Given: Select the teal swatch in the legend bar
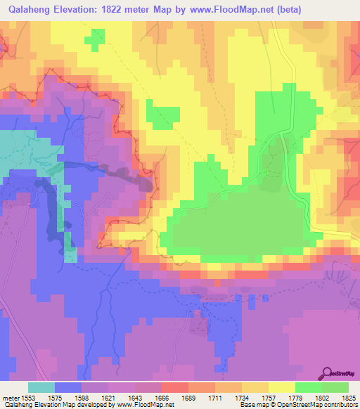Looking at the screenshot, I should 41,387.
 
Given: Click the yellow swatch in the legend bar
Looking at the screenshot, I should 281,387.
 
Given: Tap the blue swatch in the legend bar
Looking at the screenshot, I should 68,387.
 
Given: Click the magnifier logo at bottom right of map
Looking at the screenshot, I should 328,373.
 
